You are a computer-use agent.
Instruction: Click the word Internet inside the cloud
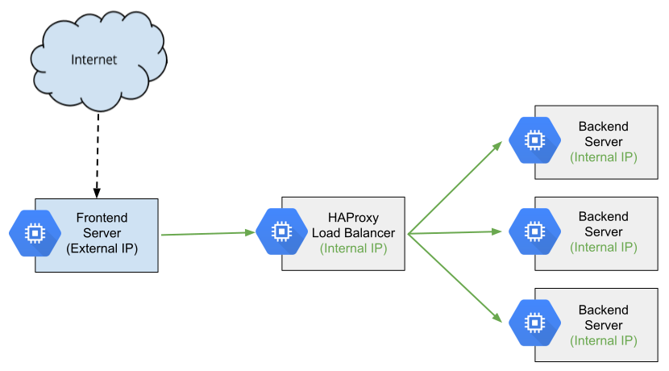click(94, 60)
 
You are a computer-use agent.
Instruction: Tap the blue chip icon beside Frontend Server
click(35, 232)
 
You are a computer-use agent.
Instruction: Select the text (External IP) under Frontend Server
click(102, 248)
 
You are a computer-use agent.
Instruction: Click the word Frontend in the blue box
click(102, 218)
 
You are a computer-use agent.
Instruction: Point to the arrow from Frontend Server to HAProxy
click(208, 234)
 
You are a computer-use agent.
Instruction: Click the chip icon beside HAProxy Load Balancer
click(281, 232)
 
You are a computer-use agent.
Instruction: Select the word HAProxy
click(353, 218)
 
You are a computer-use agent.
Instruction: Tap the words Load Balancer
click(353, 233)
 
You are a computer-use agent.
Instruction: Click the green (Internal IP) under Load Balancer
click(353, 248)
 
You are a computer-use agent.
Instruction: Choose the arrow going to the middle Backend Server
click(455, 233)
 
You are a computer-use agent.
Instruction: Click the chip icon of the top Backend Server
click(534, 140)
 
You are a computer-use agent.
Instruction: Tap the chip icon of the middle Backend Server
click(534, 231)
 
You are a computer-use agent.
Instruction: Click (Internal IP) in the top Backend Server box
click(603, 157)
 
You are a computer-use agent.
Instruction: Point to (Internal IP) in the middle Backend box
click(603, 248)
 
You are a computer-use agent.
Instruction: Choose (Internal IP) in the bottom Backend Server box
click(603, 340)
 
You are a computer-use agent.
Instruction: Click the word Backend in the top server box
click(603, 127)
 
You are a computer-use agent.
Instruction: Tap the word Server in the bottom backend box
click(603, 325)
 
